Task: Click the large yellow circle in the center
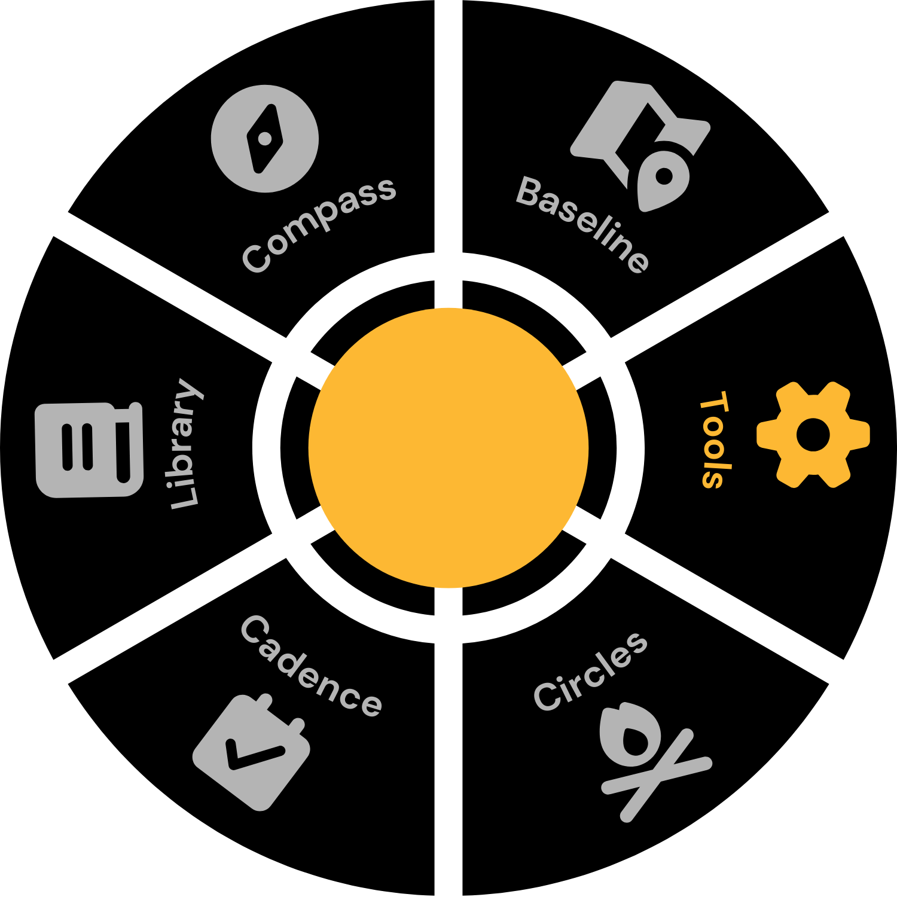click(x=448, y=448)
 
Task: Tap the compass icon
click(x=265, y=139)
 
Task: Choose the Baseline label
click(x=582, y=225)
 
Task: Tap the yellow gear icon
click(x=813, y=435)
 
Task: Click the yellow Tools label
click(x=715, y=440)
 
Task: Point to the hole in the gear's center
click(x=813, y=435)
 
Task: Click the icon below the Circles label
click(x=649, y=759)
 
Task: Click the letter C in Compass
click(x=257, y=258)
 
